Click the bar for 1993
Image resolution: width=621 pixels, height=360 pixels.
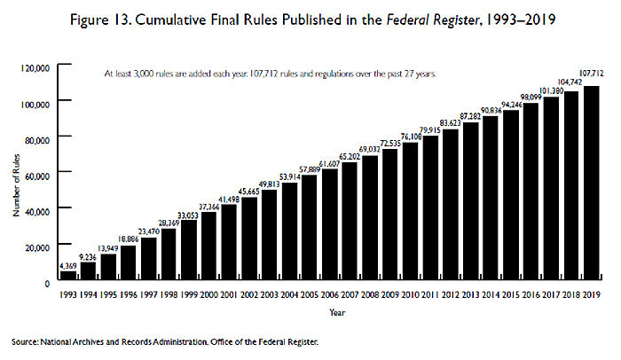coord(68,277)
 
